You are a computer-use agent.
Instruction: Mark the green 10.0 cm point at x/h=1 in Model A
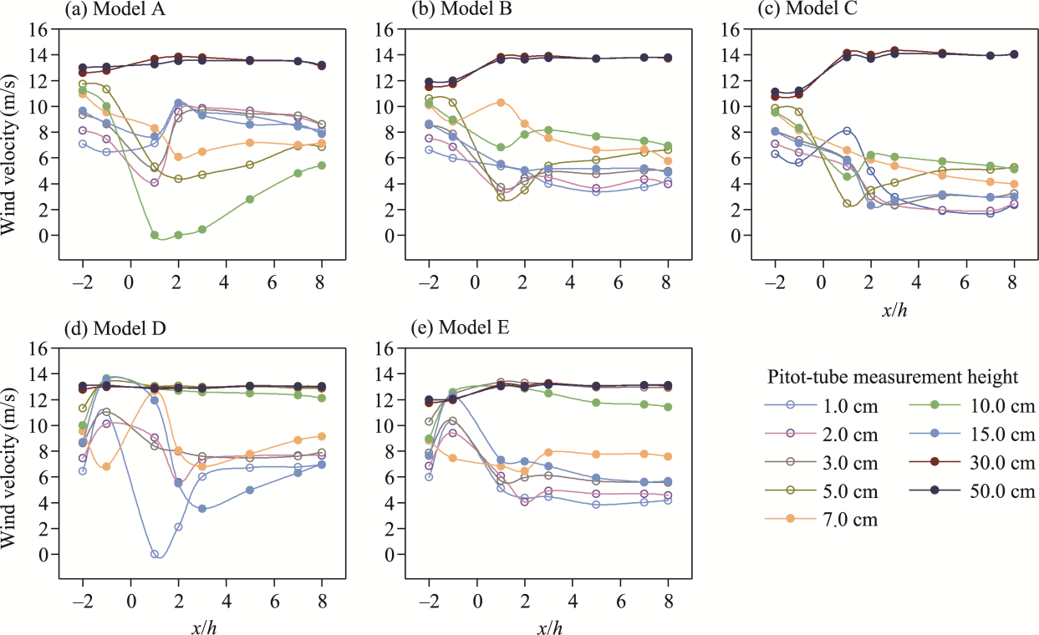point(155,236)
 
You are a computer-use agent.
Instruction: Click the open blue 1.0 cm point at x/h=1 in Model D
point(155,554)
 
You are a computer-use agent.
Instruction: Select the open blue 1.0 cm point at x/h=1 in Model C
point(847,131)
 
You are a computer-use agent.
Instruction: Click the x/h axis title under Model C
point(894,311)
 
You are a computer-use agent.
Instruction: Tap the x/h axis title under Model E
point(548,627)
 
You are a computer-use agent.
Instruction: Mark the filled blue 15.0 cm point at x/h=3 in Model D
point(202,509)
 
